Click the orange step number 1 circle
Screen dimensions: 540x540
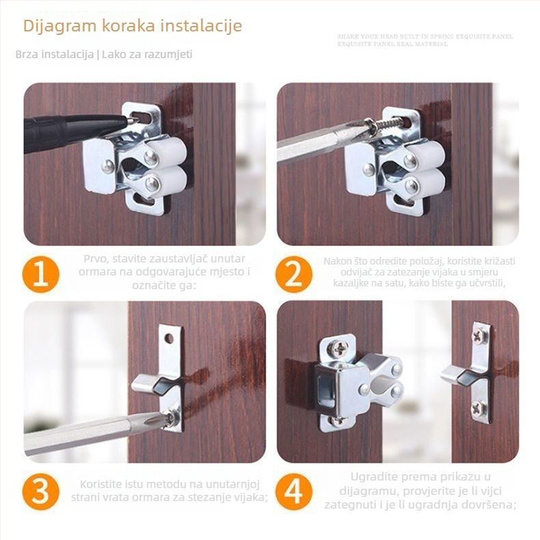(x=40, y=275)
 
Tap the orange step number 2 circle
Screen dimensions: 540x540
(x=294, y=275)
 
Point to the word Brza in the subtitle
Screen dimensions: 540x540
(x=28, y=54)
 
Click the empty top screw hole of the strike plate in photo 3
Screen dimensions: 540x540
(x=170, y=338)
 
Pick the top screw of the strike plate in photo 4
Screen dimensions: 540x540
(x=481, y=336)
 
